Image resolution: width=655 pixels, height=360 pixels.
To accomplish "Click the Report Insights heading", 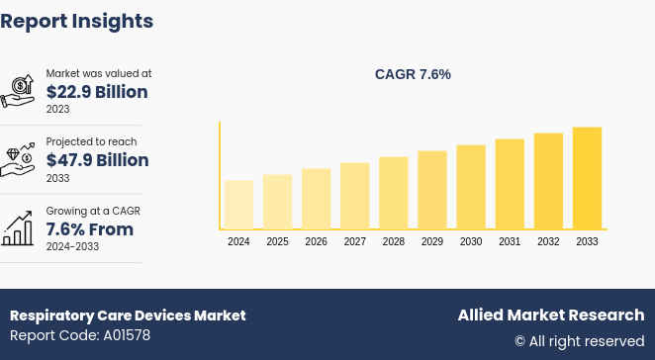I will coord(77,21).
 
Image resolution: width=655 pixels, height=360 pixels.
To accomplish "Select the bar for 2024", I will coord(238,204).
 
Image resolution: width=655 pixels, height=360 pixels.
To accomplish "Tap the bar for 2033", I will coord(587,178).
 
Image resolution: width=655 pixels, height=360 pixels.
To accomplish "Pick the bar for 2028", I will coord(393,193).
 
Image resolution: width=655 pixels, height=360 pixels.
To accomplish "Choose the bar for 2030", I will coord(471,187).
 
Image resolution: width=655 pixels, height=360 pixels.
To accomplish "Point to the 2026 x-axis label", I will coord(316,241).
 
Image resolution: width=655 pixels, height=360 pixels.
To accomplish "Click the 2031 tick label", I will coord(510,241).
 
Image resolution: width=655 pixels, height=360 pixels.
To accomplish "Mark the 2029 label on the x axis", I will coord(432,241).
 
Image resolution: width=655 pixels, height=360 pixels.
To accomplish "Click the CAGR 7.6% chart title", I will coord(413,74).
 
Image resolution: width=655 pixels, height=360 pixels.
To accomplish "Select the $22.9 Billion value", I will coord(97,92).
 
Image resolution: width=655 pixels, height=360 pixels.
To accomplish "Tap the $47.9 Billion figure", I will coord(97,160).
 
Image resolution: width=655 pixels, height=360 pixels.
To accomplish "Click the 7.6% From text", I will coord(90,229).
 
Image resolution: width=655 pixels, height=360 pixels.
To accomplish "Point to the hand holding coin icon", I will coord(18,90).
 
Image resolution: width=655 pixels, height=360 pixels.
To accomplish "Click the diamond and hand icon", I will coord(18,159).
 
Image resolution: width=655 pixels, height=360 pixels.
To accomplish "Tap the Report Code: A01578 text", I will coord(80,335).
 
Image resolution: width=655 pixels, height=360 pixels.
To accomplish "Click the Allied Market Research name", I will coord(550,315).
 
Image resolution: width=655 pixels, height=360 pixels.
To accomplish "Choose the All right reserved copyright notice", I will coord(579,341).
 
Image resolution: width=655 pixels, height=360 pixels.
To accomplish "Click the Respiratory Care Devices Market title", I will coord(128,315).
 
